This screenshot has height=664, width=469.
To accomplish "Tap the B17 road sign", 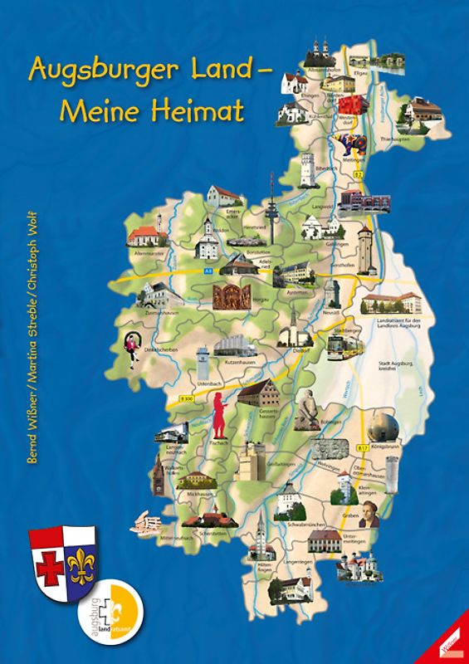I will click(363, 449).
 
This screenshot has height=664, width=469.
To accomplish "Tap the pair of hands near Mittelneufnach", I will click(149, 525).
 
